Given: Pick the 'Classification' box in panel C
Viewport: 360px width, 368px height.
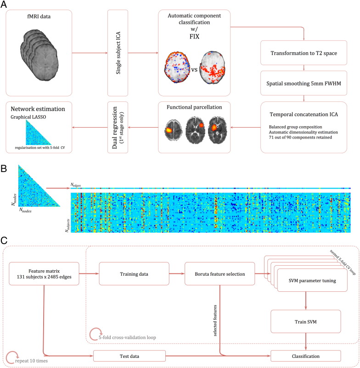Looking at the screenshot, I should coord(305,355).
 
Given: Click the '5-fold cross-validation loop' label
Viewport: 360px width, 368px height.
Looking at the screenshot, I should coord(128,337).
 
